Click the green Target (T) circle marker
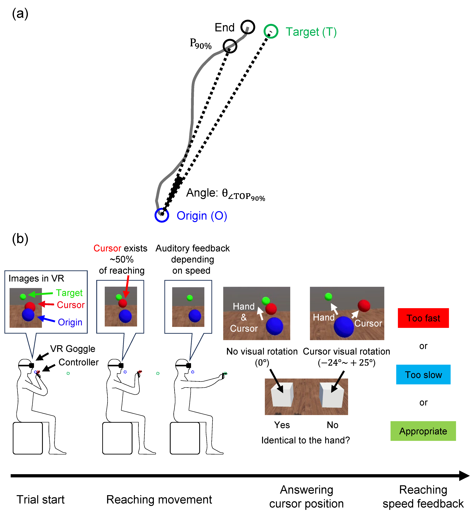(x=271, y=32)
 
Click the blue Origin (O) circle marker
(x=162, y=215)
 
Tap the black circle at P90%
(x=230, y=46)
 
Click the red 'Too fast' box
(x=423, y=318)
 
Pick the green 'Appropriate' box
(x=423, y=431)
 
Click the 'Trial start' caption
(x=40, y=500)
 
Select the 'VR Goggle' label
(x=73, y=349)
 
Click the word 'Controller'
(x=79, y=362)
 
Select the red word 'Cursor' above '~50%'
(x=107, y=248)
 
